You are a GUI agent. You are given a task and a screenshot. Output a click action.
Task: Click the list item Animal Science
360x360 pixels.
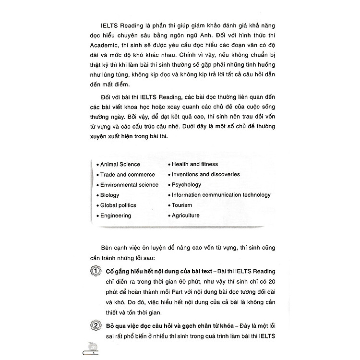[120, 164]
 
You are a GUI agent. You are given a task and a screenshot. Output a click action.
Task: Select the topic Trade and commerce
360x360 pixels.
[127, 175]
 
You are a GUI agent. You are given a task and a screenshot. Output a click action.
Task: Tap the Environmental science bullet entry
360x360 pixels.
[129, 185]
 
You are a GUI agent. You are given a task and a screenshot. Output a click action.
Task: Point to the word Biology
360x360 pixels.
[109, 195]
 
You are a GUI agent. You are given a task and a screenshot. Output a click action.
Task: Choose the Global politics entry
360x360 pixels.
[118, 205]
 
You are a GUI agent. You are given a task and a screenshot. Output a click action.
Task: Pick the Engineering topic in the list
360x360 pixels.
[115, 216]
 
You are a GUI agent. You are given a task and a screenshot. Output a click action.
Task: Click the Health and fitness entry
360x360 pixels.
[194, 164]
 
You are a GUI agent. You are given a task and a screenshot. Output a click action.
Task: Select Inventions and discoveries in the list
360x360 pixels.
[205, 175]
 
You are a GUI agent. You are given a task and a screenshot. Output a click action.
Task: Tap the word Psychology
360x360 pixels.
[186, 185]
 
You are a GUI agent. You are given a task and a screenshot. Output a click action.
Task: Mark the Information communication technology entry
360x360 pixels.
[221, 195]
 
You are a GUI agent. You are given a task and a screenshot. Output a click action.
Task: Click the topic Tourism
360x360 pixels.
[182, 205]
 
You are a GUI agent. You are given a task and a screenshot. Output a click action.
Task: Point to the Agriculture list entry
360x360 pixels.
[185, 216]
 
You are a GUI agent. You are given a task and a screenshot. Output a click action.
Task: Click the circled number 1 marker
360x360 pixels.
[96, 272]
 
